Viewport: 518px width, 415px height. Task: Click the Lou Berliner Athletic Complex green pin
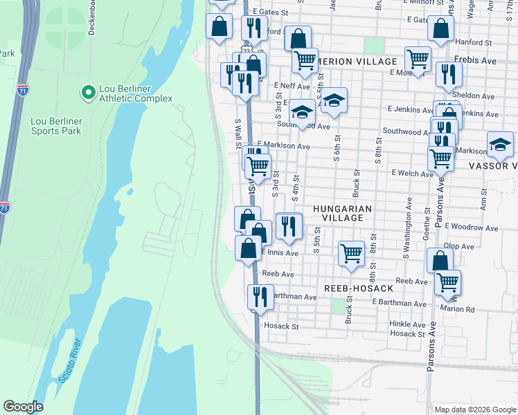click(88, 92)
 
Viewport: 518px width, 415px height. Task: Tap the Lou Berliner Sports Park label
click(56, 126)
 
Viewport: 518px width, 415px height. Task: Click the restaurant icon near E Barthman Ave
click(260, 297)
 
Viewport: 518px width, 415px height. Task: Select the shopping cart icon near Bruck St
click(352, 253)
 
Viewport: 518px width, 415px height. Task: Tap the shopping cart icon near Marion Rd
click(447, 282)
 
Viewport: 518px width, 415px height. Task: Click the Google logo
click(23, 407)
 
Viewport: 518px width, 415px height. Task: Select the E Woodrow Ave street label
click(472, 228)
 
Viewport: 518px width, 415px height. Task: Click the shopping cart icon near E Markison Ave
click(258, 165)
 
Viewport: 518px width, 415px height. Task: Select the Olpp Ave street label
click(460, 246)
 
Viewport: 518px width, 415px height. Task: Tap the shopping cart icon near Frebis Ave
click(418, 59)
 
